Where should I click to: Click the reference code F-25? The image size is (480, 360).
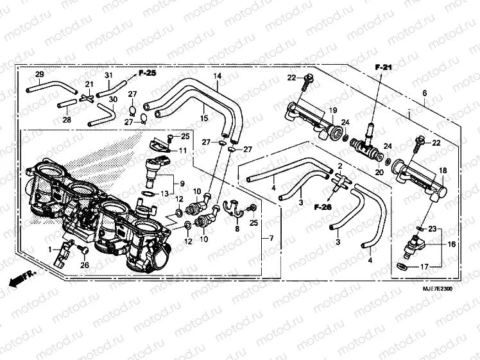[147, 73]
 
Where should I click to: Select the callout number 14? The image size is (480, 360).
[218, 76]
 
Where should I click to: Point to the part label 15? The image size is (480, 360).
[203, 118]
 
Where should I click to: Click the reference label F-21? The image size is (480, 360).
[383, 67]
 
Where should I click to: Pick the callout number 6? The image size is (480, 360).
[424, 94]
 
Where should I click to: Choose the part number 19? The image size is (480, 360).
[333, 111]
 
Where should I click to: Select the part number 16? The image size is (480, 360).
[452, 244]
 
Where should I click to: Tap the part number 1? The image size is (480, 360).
[48, 248]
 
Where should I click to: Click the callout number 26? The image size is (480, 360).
[84, 265]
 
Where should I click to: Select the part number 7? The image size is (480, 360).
[271, 239]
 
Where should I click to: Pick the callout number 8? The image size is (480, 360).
[236, 228]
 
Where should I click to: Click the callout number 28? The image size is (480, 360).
[67, 119]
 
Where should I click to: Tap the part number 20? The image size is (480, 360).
[379, 173]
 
